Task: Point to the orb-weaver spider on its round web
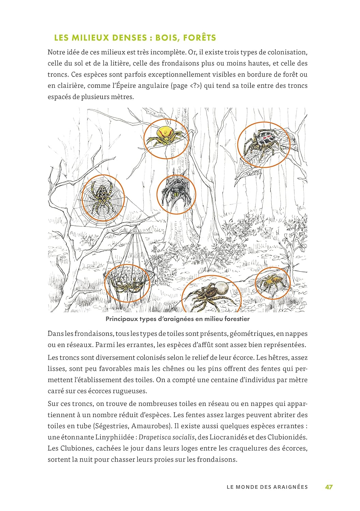point(102,198)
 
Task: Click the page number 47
point(329,487)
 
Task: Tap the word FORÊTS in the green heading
point(199,38)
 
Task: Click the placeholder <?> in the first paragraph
point(196,86)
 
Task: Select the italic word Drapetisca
point(154,437)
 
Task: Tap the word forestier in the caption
point(237,319)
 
